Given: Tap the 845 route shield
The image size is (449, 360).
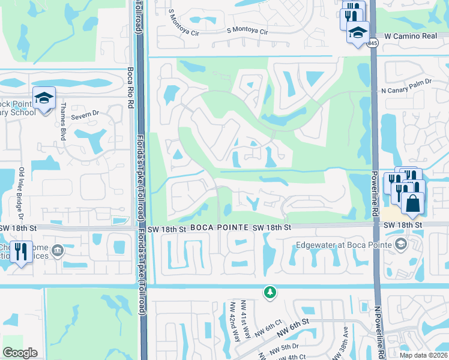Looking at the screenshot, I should click(373, 43).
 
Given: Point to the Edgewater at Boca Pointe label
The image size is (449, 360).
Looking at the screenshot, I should click(343, 245).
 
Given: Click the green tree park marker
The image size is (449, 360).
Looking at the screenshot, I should click(270, 292).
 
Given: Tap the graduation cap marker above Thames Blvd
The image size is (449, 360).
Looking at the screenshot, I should click(44, 97).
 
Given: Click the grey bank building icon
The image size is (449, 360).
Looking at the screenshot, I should click(58, 250).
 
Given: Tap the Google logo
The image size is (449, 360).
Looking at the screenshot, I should click(20, 353).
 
